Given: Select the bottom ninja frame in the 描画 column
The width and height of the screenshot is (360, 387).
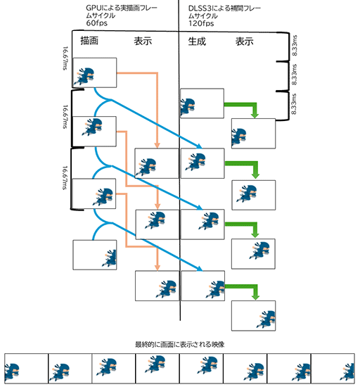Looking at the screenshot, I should (94, 255).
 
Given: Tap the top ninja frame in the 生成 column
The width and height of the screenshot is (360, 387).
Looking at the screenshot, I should (202, 106).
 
